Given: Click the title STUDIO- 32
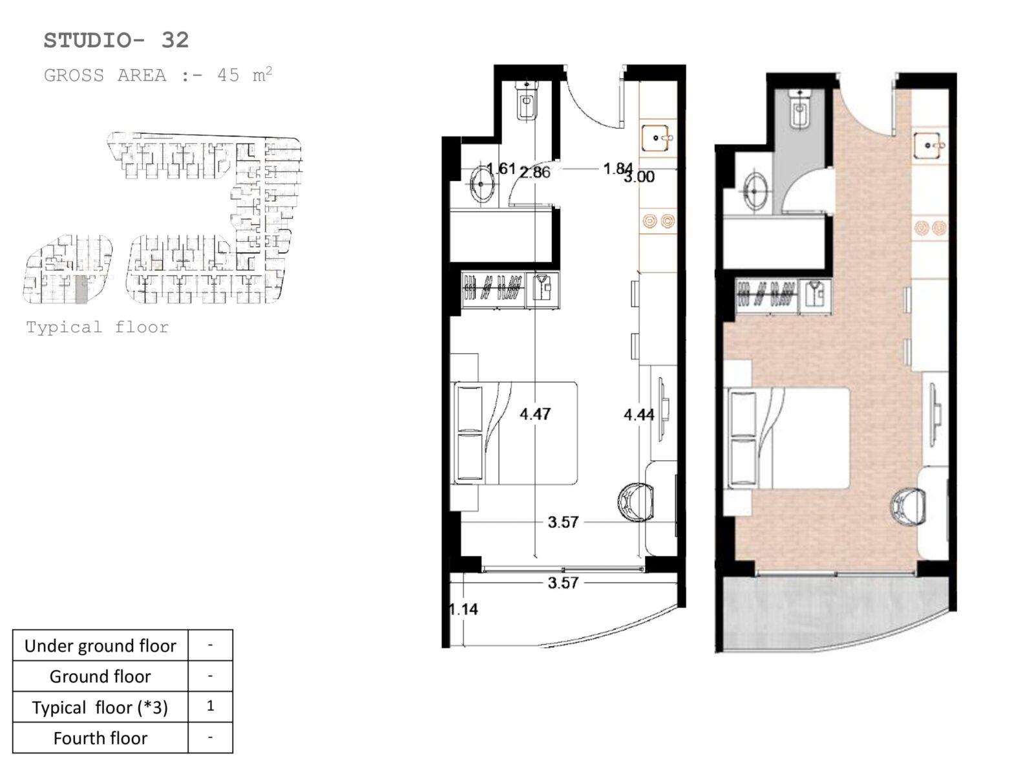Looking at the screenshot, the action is pos(116,41).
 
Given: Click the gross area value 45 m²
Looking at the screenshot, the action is pos(244,75).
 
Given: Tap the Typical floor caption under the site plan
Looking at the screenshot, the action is pos(98,327).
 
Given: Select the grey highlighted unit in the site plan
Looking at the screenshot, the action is pos(81,289).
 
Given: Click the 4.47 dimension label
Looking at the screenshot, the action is pos(535,414).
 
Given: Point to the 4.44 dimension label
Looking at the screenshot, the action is pos(638,415).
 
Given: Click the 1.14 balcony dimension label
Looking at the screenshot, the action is pos(464,609).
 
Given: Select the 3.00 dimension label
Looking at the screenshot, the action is pos(639,177).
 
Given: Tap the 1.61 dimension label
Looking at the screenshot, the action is pos(501,168).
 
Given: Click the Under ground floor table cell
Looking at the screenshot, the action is pos(100,645).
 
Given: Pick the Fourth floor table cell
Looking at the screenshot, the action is pos(100,738).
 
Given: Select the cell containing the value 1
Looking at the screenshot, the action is pos(211,706).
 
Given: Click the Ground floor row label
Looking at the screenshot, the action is pos(100,676).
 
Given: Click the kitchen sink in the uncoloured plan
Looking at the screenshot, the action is pos(655,138).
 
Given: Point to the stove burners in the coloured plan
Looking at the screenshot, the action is pos(931,228).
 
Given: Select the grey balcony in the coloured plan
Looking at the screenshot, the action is pos(836,612).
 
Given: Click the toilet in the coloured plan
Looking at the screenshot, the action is pos(800,109).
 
